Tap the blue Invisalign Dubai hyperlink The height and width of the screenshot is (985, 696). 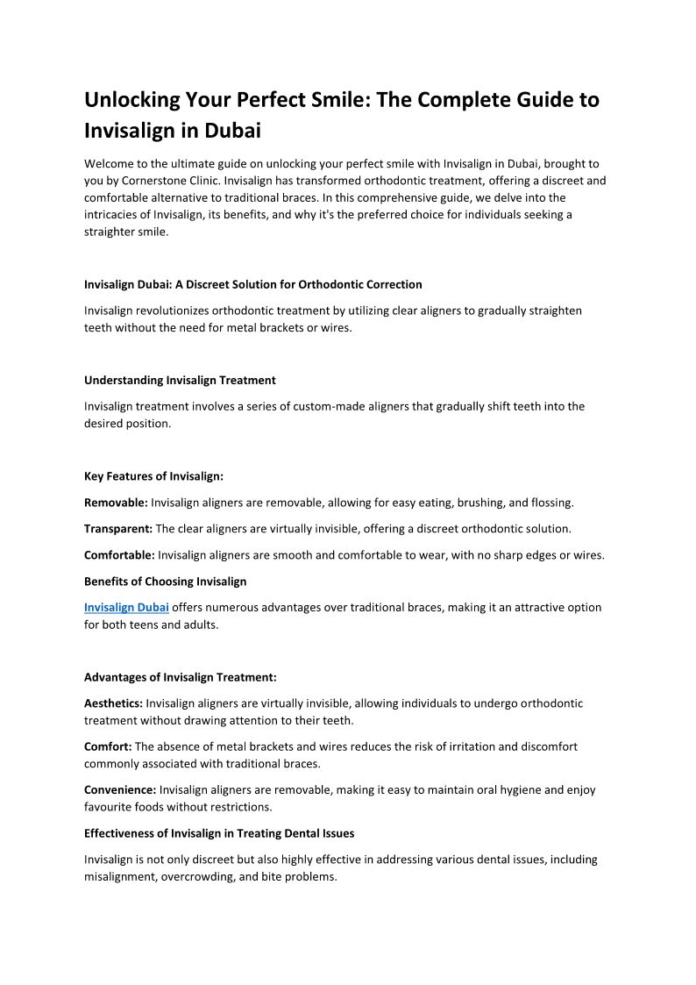point(126,607)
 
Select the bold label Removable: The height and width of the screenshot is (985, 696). point(116,503)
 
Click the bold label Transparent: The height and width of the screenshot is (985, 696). point(118,529)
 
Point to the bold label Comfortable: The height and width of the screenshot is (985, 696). point(119,555)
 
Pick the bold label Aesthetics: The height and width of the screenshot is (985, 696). point(113,703)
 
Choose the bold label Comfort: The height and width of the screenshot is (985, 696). point(108,746)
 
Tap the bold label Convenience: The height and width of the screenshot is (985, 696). point(120,789)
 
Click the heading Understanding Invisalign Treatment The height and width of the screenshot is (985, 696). point(180,381)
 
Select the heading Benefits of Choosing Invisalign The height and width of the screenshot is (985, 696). point(165,581)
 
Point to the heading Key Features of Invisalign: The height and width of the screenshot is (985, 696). point(153,476)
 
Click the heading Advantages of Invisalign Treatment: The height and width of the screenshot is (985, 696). point(181,677)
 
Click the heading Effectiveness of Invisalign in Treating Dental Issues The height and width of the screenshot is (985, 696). point(219,833)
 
